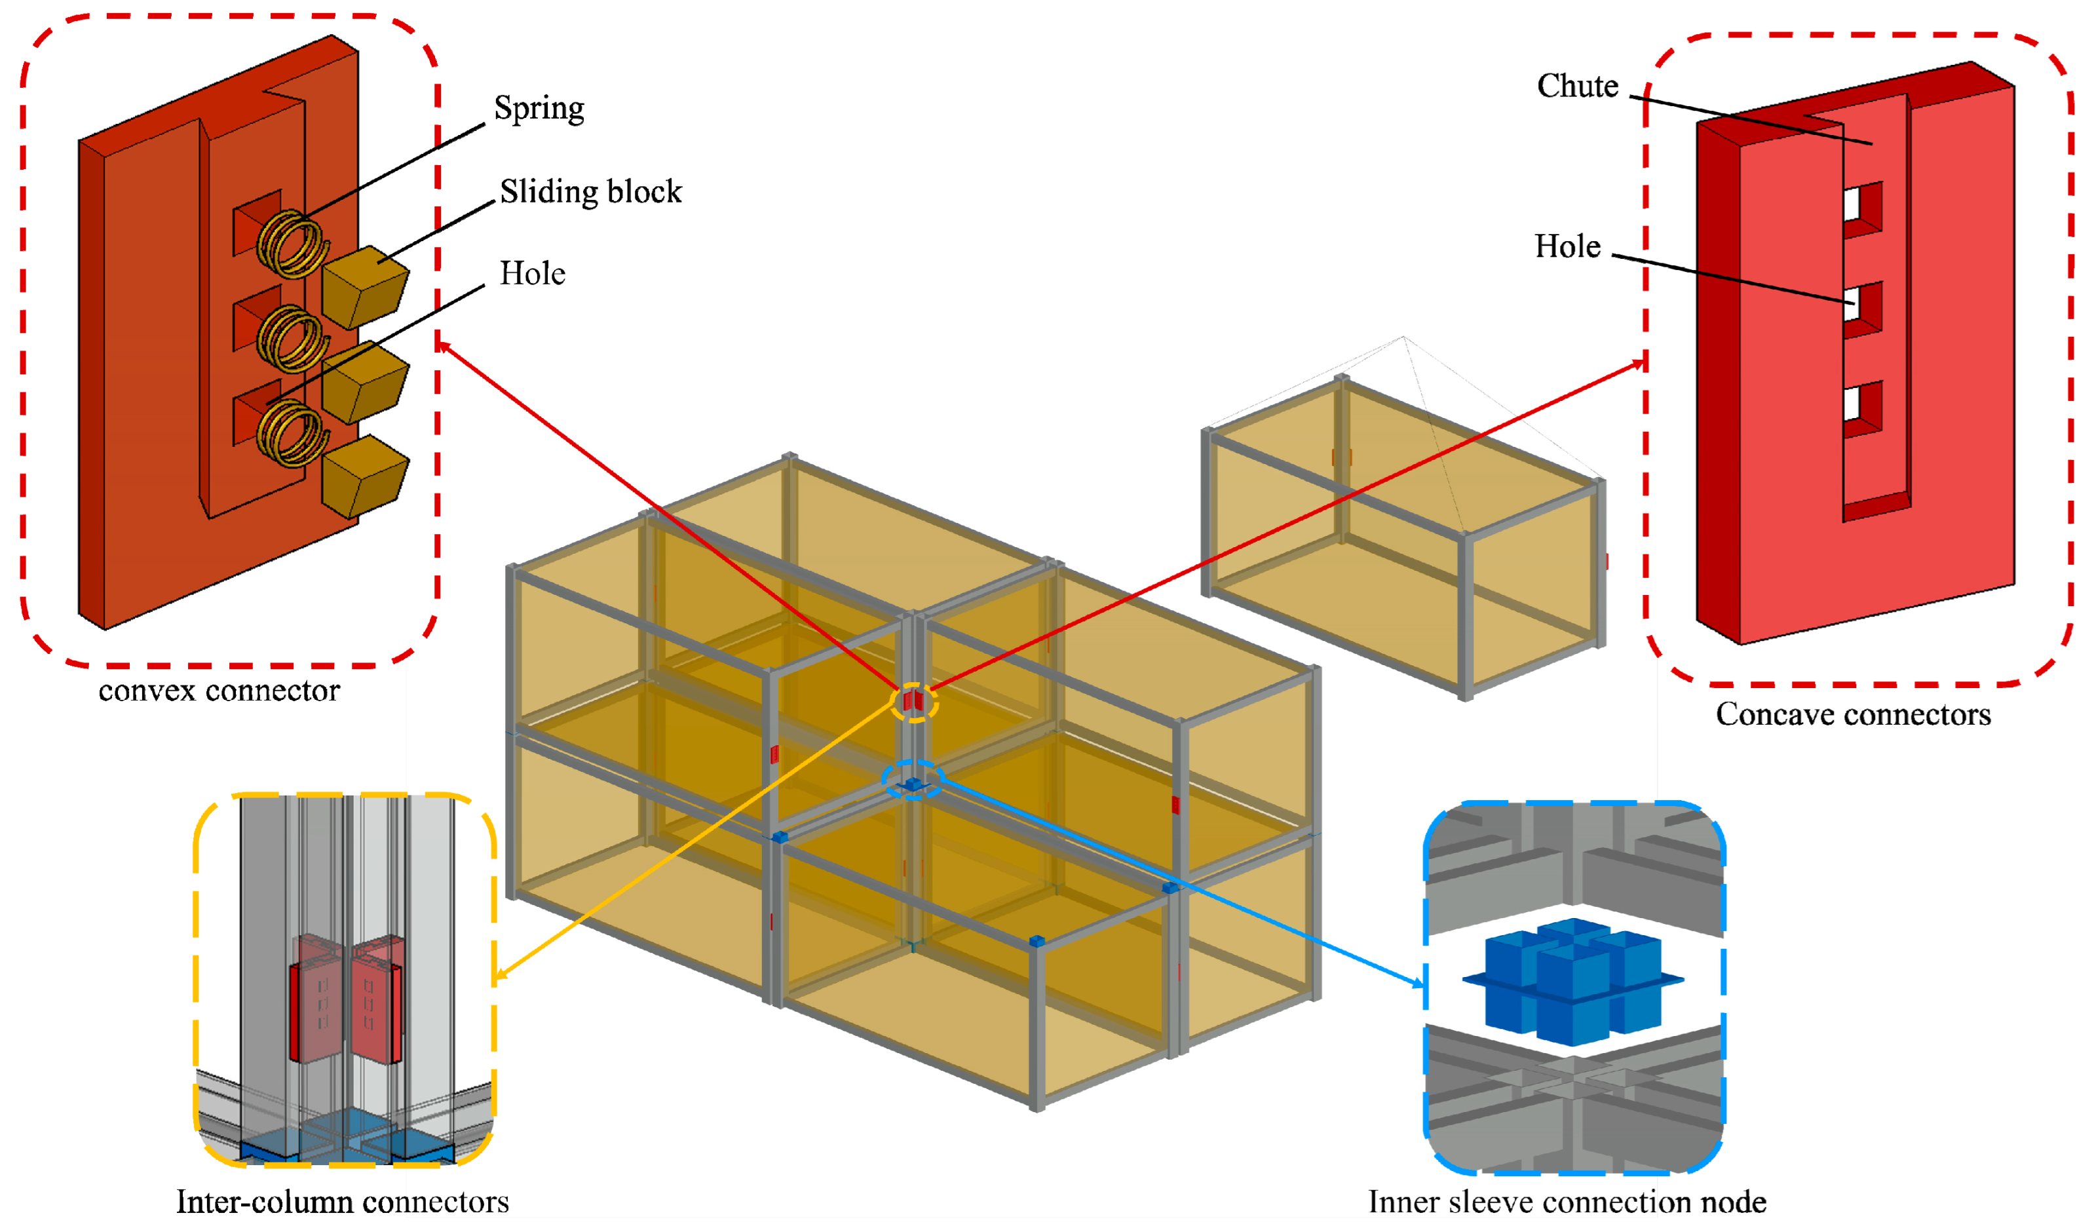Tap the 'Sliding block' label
(590, 192)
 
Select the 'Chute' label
(1577, 86)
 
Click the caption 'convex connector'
(219, 691)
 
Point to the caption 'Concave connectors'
(1853, 715)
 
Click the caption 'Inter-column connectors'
(342, 1202)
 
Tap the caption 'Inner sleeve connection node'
(1567, 1202)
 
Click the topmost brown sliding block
(364, 286)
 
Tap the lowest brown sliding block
(364, 476)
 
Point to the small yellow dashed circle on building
(914, 702)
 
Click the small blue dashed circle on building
(913, 780)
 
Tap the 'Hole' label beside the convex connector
(532, 274)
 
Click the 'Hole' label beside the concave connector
(1567, 246)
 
